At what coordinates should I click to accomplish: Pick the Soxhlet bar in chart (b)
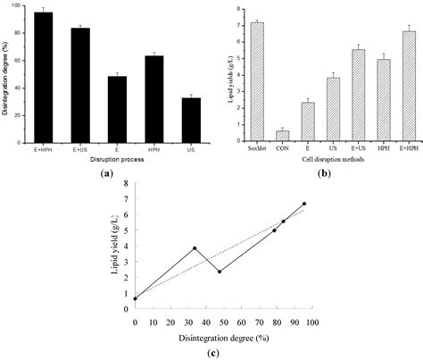tap(257, 81)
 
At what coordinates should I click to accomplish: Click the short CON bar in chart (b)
tap(282, 136)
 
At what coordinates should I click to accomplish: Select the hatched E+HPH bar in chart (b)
tap(409, 86)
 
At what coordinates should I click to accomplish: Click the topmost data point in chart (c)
tap(304, 204)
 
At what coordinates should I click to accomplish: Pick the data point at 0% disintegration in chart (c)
tap(135, 298)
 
